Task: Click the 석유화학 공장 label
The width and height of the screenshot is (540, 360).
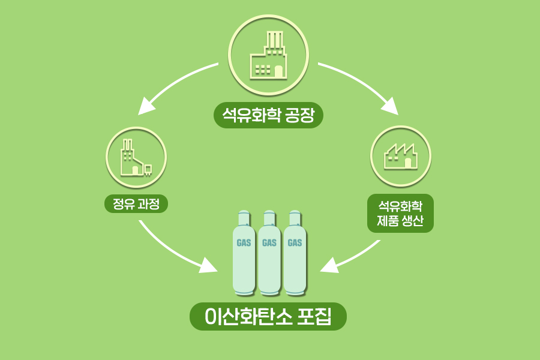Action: click(268, 115)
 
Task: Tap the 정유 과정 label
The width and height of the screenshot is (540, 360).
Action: click(136, 203)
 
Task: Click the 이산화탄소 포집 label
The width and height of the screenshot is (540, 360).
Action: click(268, 316)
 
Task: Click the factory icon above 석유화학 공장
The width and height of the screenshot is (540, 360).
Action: click(268, 55)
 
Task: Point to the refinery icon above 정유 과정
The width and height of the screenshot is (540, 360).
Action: click(136, 157)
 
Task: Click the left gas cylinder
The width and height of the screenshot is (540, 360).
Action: click(244, 255)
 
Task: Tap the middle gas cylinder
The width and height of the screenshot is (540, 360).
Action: click(269, 255)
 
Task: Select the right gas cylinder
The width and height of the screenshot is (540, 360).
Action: click(295, 255)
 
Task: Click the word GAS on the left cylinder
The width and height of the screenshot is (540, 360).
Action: click(244, 243)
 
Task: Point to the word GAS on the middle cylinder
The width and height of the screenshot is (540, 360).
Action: click(269, 243)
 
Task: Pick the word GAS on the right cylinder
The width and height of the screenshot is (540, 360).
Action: click(295, 243)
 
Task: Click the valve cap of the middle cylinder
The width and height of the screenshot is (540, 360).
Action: click(269, 215)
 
